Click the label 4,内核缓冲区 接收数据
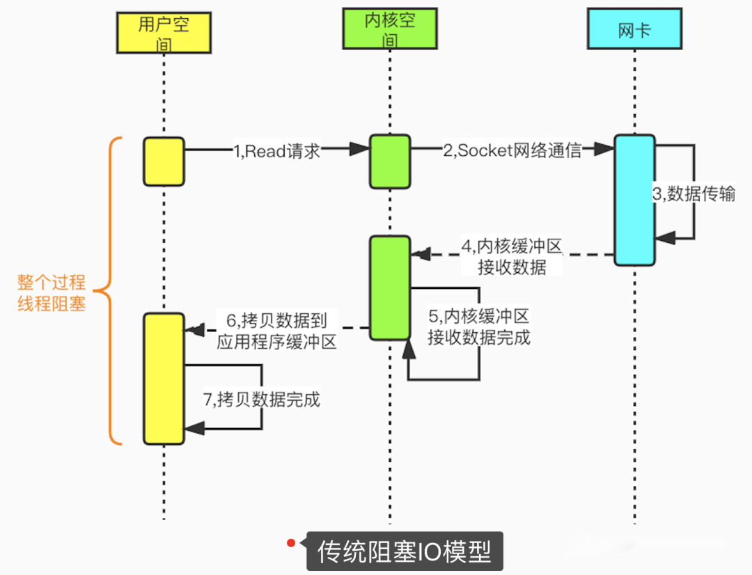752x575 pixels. point(511,256)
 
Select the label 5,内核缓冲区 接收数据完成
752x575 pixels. point(478,326)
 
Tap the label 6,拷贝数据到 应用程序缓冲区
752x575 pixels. point(276,330)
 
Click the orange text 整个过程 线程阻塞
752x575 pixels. point(52,292)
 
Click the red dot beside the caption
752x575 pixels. point(292,542)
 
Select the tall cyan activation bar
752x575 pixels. point(634,200)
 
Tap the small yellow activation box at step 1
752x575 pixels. point(164,162)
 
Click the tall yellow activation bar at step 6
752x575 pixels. point(164,379)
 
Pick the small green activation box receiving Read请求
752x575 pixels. point(390,162)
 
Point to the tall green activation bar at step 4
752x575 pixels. point(390,287)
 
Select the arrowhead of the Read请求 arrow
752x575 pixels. point(359,148)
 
